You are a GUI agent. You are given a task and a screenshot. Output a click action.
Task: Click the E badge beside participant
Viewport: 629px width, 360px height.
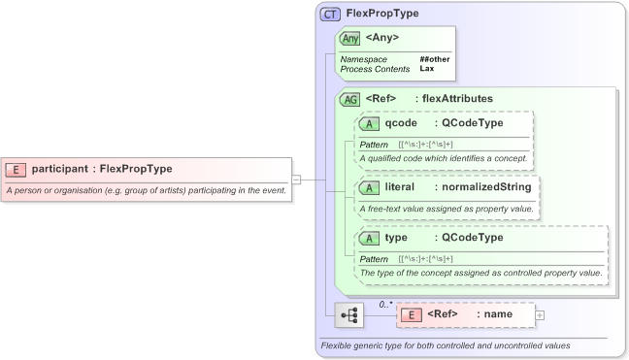[x=17, y=169]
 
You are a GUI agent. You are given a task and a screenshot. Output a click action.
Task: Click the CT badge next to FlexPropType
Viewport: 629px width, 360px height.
[x=330, y=15]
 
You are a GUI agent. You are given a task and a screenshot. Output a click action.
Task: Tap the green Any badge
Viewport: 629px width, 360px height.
[x=349, y=38]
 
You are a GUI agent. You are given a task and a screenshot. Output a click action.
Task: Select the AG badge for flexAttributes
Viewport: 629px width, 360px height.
[x=349, y=99]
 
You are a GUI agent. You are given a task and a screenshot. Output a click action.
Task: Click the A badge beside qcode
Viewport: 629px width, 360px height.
[x=369, y=124]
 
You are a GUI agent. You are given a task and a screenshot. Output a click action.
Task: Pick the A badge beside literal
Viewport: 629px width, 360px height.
[x=369, y=187]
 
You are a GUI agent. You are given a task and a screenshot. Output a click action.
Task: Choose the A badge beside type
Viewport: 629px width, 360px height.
[x=369, y=238]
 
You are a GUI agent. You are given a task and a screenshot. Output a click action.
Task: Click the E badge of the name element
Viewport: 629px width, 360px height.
[x=412, y=314]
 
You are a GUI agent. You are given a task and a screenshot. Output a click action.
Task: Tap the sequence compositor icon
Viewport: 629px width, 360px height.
[x=348, y=315]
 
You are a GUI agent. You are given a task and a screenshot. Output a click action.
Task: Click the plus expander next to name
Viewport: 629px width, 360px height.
[x=540, y=314]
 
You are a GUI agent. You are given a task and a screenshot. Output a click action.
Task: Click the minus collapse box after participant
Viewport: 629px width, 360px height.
[x=296, y=179]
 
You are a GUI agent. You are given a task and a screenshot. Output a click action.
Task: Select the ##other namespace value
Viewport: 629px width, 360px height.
[x=435, y=59]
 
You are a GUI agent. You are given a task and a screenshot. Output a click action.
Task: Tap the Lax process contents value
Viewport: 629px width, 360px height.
[x=426, y=69]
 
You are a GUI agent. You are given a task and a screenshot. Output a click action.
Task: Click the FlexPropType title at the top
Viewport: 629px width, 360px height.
[x=383, y=15]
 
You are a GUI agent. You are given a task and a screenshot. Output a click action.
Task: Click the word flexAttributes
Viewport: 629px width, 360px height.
[x=453, y=98]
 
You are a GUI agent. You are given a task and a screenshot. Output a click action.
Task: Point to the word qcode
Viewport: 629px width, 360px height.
[x=401, y=123]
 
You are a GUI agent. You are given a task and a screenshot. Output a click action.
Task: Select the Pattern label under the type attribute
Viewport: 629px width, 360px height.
[x=374, y=259]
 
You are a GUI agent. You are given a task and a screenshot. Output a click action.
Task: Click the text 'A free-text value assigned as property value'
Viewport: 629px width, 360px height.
[x=447, y=209]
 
